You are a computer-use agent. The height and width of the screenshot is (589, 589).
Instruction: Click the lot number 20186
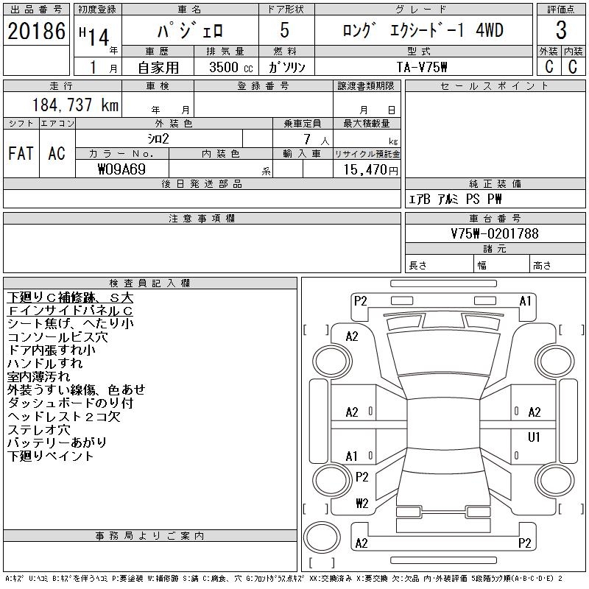pos(36,31)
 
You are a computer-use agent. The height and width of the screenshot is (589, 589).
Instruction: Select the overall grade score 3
pos(561,30)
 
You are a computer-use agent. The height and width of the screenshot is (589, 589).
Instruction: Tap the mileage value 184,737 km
pos(75,105)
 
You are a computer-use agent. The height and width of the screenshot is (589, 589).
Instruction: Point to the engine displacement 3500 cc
pos(231,67)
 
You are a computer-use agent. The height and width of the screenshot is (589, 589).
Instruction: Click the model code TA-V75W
pos(422,67)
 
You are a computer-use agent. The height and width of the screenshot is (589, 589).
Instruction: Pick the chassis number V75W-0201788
pos(495,233)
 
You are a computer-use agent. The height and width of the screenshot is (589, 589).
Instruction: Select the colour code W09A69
pos(121,169)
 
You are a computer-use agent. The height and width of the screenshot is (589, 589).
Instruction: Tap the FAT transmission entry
pos(21,153)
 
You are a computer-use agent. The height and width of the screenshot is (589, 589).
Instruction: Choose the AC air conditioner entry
pos(57,153)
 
